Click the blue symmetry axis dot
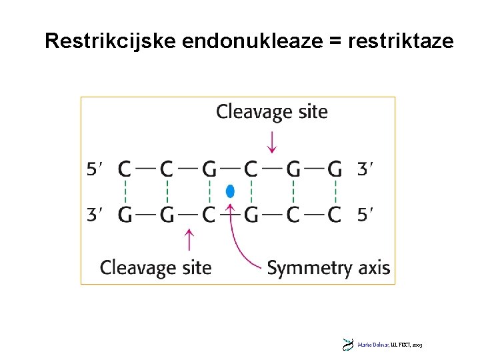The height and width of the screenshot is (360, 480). tap(230, 191)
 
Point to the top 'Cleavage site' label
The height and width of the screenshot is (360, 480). tap(272, 111)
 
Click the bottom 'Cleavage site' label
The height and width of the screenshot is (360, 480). tap(155, 268)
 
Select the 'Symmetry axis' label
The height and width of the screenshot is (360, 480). tap(329, 268)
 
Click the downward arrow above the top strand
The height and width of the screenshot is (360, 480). tap(271, 141)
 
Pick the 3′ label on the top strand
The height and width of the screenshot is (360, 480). tap(365, 169)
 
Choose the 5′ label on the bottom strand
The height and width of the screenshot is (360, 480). tap(365, 215)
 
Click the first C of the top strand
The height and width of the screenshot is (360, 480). tap(125, 169)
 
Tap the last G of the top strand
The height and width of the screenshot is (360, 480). tap(335, 169)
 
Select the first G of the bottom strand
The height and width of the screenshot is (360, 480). tap(125, 215)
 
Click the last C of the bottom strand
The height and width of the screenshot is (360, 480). tap(335, 215)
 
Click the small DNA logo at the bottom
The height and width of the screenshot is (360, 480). tap(347, 345)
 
